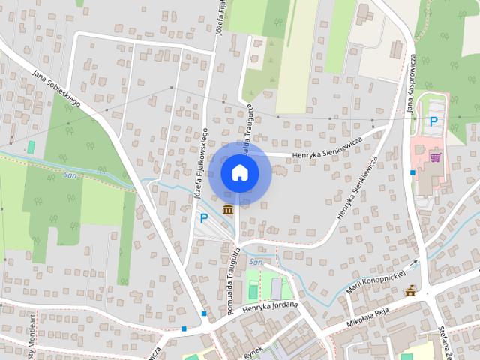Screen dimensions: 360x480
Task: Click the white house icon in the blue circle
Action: tap(239, 172)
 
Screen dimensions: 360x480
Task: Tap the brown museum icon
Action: tap(226, 208)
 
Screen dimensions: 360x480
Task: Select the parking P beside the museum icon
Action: tap(203, 218)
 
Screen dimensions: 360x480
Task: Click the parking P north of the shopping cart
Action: tap(433, 121)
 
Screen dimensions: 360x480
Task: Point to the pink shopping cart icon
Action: tap(434, 157)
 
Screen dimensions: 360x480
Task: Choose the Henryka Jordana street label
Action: tap(270, 307)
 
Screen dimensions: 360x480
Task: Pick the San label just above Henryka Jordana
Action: tap(256, 262)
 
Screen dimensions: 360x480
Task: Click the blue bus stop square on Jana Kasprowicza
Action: tap(412, 172)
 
